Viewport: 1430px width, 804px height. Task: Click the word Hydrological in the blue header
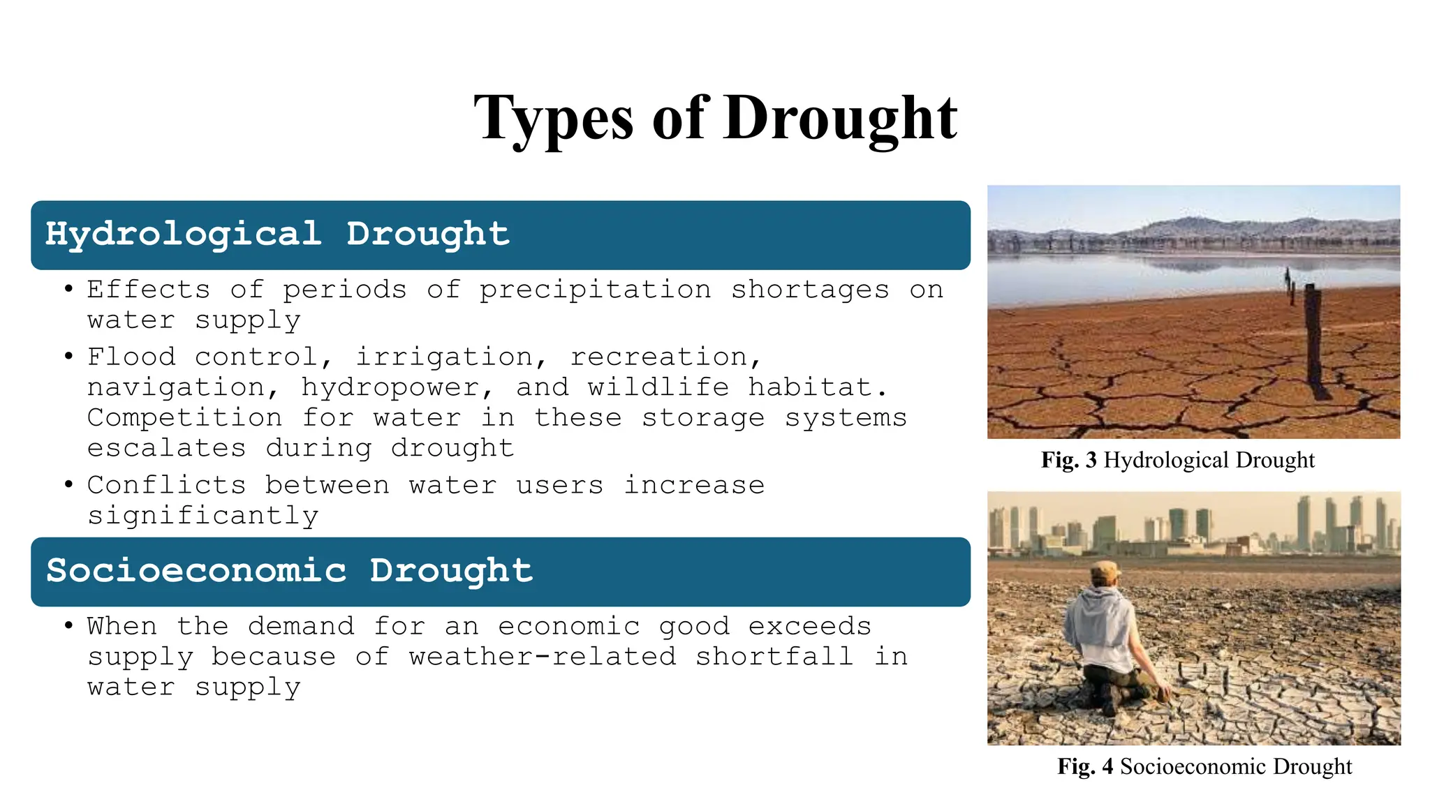point(183,234)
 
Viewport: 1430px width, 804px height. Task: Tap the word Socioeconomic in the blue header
point(196,571)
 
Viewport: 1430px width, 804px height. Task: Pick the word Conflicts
point(166,485)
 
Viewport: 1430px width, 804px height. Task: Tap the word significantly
point(202,516)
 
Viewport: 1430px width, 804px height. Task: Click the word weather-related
point(543,657)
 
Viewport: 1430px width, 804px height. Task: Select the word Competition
point(184,418)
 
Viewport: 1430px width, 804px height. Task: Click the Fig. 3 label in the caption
point(1068,461)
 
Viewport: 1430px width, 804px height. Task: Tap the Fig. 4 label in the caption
point(1085,767)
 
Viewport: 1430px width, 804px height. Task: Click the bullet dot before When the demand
point(68,626)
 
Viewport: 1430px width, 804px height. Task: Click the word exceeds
point(809,627)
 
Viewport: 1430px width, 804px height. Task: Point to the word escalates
point(166,448)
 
